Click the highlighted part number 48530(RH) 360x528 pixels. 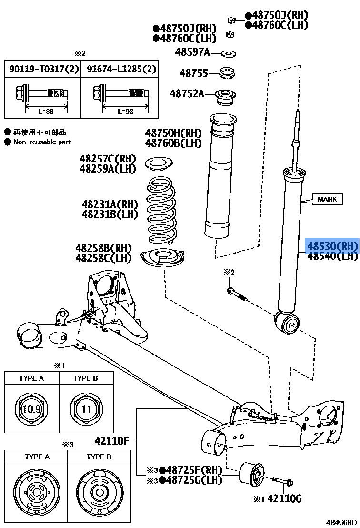point(331,246)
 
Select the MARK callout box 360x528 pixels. point(327,199)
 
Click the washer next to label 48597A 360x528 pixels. point(230,52)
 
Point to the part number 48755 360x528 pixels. point(194,73)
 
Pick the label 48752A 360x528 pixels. point(187,93)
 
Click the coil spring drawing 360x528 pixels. point(164,210)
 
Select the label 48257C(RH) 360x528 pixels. point(108,159)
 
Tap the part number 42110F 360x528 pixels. point(110,440)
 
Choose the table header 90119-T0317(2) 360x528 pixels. point(42,69)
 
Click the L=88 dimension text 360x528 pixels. point(45,111)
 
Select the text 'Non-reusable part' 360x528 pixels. point(42,142)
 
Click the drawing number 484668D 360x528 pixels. point(341,522)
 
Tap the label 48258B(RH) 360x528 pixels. point(103,248)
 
